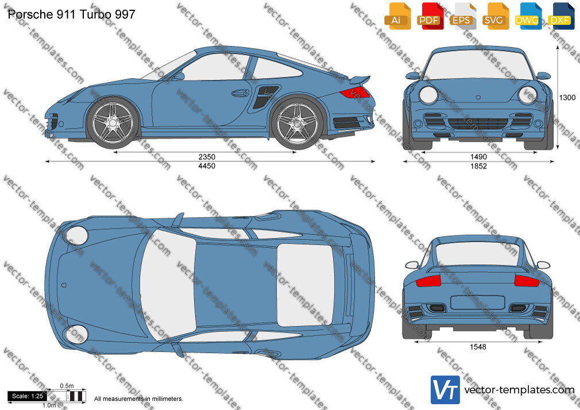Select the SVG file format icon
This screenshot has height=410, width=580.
click(496, 16)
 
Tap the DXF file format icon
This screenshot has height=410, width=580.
click(561, 16)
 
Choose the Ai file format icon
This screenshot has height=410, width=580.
click(397, 16)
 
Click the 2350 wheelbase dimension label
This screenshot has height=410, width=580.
click(207, 157)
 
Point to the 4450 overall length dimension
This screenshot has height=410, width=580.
click(207, 166)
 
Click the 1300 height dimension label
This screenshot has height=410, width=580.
click(567, 97)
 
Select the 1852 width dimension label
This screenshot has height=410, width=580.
click(478, 166)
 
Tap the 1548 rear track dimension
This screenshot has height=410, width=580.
click(478, 347)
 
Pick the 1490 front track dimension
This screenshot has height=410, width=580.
click(478, 157)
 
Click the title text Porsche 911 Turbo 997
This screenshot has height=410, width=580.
click(71, 14)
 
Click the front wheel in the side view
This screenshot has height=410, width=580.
click(113, 122)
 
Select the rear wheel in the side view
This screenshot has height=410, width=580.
click(297, 122)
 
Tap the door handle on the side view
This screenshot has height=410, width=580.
click(240, 92)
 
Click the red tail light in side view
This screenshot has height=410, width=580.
click(355, 92)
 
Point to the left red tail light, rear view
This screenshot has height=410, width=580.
click(428, 281)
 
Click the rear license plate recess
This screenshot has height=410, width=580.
click(478, 302)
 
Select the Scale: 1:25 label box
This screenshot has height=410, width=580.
click(28, 396)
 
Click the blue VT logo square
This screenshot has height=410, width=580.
click(446, 390)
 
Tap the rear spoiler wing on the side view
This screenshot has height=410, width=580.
click(359, 79)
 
